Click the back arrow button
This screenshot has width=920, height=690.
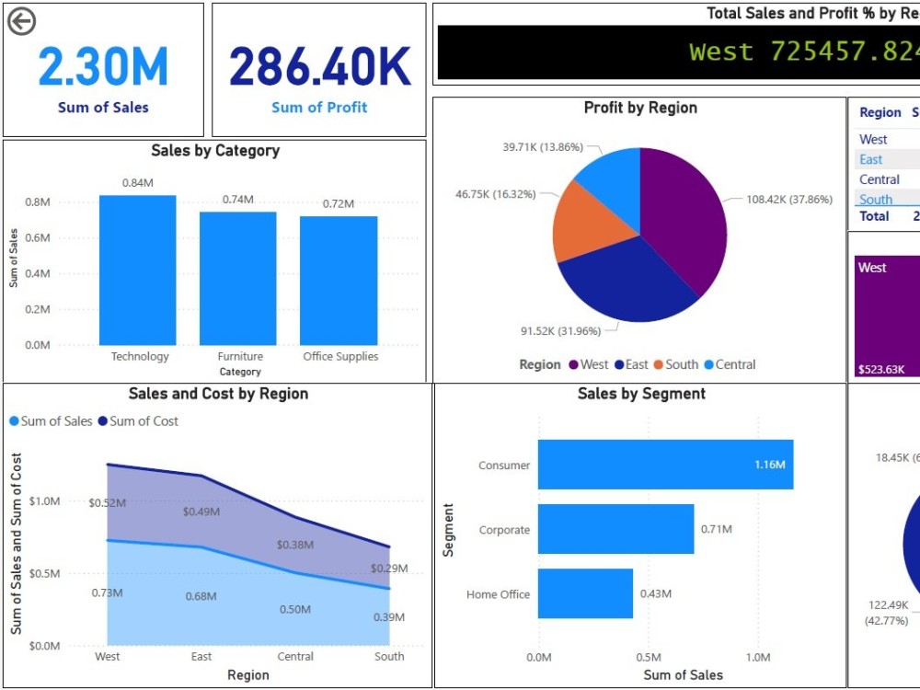[x=21, y=21]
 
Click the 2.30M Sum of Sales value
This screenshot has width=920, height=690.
[x=103, y=67]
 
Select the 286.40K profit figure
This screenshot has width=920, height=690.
[x=319, y=67]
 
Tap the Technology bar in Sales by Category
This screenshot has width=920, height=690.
[x=137, y=270]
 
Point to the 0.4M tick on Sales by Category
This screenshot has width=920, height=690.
[x=38, y=273]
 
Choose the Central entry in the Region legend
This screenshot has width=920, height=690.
[x=735, y=364]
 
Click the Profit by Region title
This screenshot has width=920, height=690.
[x=640, y=108]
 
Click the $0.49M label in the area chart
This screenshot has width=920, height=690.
[x=201, y=511]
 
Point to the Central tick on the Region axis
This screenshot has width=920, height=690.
[x=295, y=657]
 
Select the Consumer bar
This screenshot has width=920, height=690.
[x=664, y=465]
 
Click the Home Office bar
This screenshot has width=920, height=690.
[x=585, y=593]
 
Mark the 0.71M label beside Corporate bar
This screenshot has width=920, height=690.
[x=716, y=529]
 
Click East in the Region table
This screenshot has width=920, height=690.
[x=870, y=159]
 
